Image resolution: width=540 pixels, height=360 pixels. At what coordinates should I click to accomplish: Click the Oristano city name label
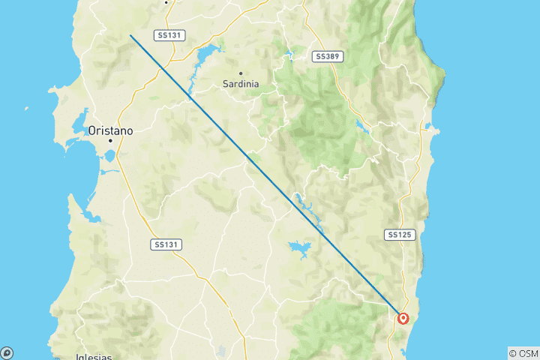(110, 130)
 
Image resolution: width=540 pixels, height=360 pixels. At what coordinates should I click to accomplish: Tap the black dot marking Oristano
(109, 141)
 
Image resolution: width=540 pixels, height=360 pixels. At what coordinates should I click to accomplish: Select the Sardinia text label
(241, 84)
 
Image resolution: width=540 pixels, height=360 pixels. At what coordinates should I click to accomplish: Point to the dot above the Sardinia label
(241, 73)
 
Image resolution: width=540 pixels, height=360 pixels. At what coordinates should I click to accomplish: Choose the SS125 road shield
(400, 235)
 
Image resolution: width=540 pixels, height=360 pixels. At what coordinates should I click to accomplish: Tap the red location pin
(404, 319)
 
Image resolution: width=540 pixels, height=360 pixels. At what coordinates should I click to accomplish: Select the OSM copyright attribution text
(523, 353)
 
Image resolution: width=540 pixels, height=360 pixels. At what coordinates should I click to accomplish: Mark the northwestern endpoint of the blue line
(130, 35)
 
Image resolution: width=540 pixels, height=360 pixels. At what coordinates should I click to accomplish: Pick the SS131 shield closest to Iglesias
(166, 244)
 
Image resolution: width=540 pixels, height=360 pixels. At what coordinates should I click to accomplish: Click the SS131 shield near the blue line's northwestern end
(170, 35)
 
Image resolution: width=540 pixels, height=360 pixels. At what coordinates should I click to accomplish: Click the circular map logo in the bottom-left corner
(6, 352)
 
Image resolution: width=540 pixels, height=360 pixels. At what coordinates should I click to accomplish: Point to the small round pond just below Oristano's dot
(109, 157)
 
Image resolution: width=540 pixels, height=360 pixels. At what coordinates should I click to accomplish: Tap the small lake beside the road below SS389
(362, 126)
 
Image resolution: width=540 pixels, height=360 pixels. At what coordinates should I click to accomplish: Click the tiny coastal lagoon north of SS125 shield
(428, 127)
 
